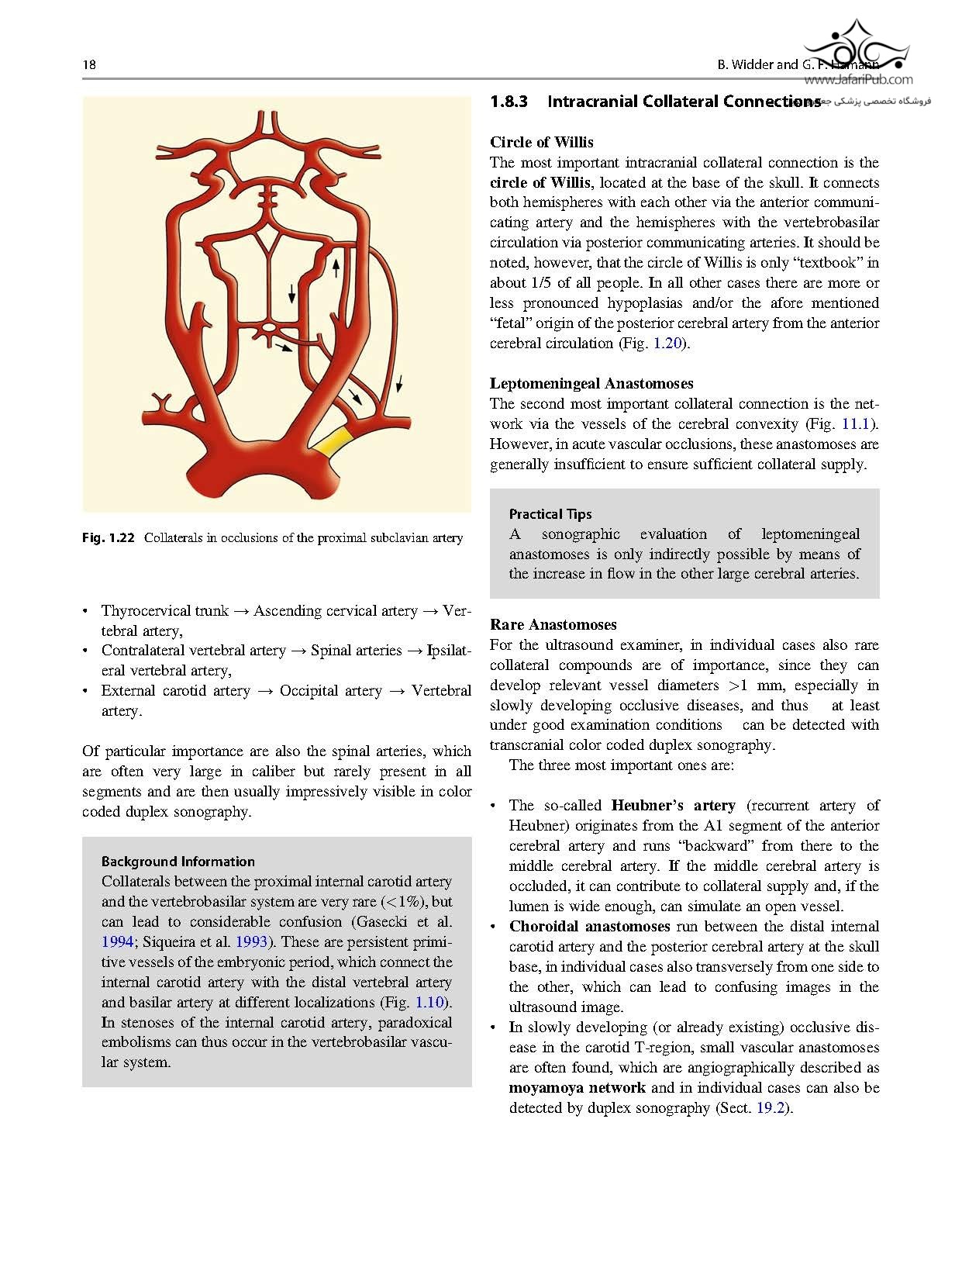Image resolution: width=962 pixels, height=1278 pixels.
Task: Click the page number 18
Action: click(x=89, y=64)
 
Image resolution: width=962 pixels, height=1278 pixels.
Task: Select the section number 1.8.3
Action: click(x=509, y=102)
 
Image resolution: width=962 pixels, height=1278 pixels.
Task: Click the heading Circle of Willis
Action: click(x=541, y=142)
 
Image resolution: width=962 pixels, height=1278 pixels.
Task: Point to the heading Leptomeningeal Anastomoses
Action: click(x=591, y=383)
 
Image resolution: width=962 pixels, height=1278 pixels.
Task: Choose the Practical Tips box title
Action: click(x=550, y=513)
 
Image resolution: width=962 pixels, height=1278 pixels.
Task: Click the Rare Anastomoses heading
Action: click(x=553, y=624)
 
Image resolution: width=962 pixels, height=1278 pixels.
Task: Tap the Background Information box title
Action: click(x=178, y=861)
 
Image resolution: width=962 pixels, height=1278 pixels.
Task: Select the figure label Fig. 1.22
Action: click(x=109, y=537)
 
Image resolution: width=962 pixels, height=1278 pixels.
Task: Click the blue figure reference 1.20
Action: click(x=667, y=343)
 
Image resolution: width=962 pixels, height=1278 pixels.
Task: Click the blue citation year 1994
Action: click(x=117, y=941)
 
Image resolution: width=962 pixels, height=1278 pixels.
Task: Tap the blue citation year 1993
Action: click(x=251, y=941)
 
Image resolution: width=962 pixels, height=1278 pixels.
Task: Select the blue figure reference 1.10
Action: click(x=430, y=1002)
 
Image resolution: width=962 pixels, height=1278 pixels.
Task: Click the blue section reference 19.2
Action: click(x=771, y=1107)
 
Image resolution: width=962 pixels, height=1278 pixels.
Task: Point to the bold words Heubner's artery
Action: click(x=673, y=805)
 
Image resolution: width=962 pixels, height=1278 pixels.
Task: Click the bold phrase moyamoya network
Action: click(x=577, y=1087)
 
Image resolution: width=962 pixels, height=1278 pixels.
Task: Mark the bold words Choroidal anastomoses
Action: click(x=589, y=926)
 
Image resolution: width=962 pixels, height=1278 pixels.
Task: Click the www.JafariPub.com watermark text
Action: click(x=858, y=79)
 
